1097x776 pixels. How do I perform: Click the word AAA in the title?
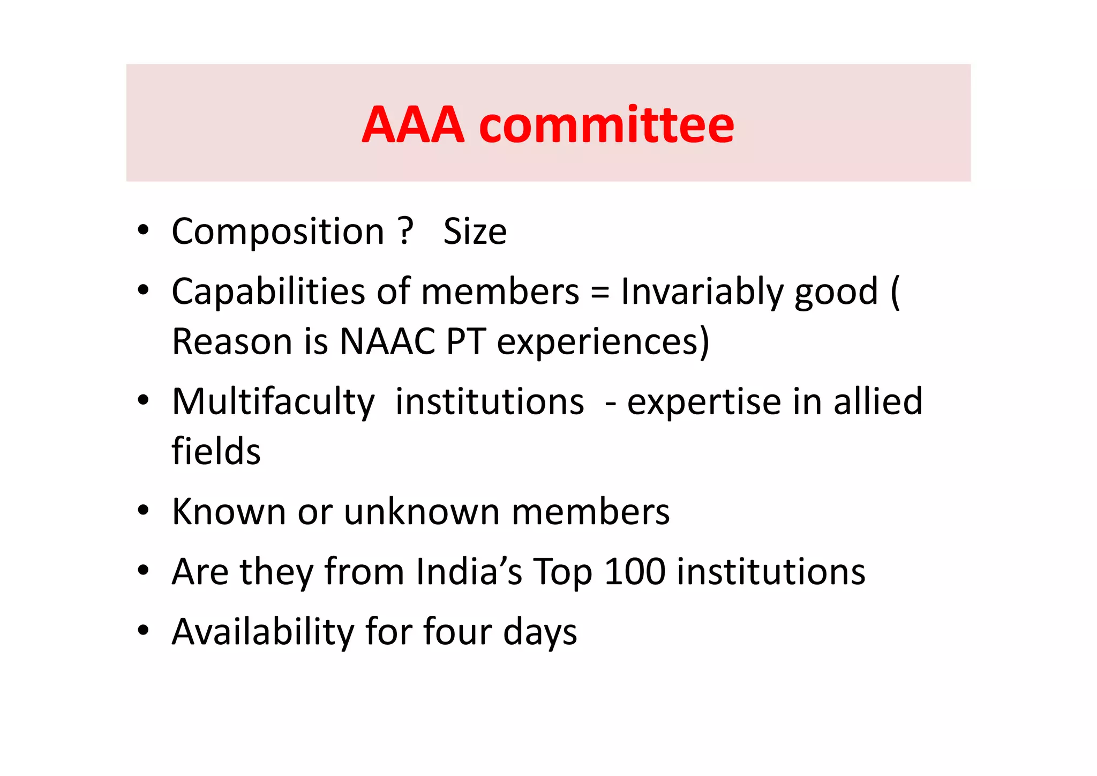(x=412, y=125)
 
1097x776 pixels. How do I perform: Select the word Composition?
(x=278, y=232)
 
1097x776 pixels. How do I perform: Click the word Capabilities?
(x=268, y=292)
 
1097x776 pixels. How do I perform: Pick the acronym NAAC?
(x=387, y=341)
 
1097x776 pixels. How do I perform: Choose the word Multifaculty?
(x=273, y=402)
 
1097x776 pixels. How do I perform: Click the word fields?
(x=216, y=451)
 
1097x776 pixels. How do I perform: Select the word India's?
(x=469, y=571)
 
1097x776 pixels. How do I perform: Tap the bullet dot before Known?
(x=142, y=511)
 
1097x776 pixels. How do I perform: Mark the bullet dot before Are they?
(x=142, y=571)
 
